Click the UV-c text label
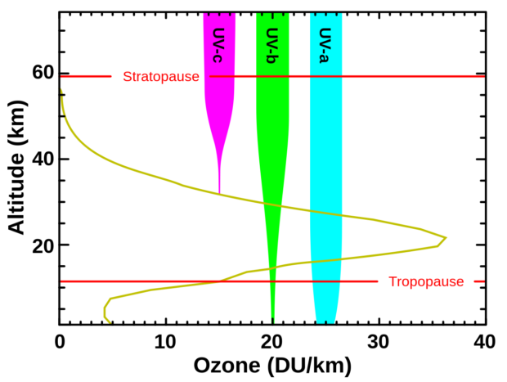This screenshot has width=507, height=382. pyautogui.click(x=218, y=45)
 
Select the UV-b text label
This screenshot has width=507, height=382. pyautogui.click(x=272, y=45)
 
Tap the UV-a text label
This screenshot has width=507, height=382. pyautogui.click(x=325, y=45)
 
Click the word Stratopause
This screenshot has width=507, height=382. pyautogui.click(x=161, y=77)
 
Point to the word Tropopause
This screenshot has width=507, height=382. pyautogui.click(x=426, y=282)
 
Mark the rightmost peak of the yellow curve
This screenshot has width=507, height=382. pyautogui.click(x=446, y=238)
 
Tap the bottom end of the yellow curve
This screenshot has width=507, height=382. pyautogui.click(x=109, y=321)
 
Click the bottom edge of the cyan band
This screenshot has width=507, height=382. pyautogui.click(x=325, y=322)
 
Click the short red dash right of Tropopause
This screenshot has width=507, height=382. pyautogui.click(x=479, y=281)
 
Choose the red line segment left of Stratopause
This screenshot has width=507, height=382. pyautogui.click(x=86, y=77)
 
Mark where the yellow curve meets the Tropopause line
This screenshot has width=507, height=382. pyautogui.click(x=219, y=281)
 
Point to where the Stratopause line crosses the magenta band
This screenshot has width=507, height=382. pyautogui.click(x=219, y=77)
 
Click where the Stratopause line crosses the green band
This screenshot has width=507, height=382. pyautogui.click(x=272, y=77)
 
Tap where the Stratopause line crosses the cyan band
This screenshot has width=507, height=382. pyautogui.click(x=325, y=77)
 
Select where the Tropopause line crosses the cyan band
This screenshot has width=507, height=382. pyautogui.click(x=325, y=281)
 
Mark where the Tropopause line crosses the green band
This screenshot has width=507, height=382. pyautogui.click(x=272, y=281)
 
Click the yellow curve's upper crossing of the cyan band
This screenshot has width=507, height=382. pyautogui.click(x=325, y=213)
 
